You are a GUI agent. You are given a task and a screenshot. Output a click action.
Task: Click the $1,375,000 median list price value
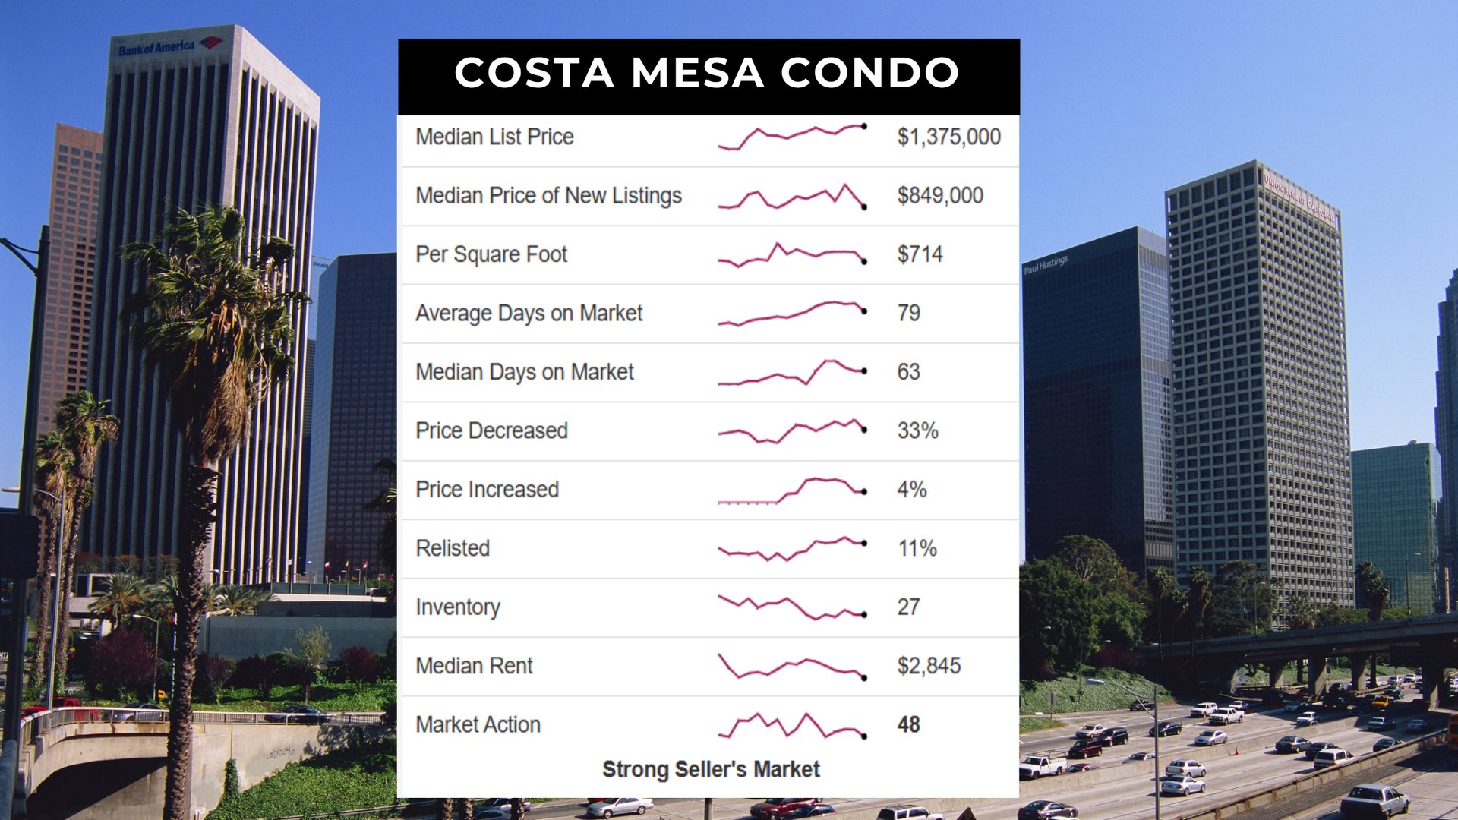[x=948, y=137]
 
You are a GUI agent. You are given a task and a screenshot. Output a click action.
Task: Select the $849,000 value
[x=940, y=196]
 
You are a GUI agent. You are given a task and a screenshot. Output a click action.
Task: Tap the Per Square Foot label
[x=491, y=254]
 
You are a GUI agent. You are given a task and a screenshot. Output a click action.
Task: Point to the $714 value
[x=920, y=254]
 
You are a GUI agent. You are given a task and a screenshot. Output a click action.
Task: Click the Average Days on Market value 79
[x=908, y=313]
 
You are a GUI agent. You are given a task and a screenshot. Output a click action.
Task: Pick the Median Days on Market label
[x=524, y=372]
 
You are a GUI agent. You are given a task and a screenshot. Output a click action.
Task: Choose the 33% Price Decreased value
[x=917, y=430]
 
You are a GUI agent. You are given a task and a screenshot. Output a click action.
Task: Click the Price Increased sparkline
[x=792, y=490]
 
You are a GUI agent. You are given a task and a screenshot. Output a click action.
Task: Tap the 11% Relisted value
[x=917, y=548]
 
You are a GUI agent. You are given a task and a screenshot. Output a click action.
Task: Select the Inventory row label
[x=458, y=607]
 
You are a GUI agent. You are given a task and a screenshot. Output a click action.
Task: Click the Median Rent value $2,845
[x=929, y=666]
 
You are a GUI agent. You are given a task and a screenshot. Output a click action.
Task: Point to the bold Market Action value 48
[x=908, y=724]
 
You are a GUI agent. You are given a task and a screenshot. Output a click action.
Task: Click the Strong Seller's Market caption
[x=711, y=769]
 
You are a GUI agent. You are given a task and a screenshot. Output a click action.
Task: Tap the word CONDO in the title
[x=869, y=73]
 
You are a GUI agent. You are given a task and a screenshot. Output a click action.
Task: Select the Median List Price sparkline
[x=792, y=137]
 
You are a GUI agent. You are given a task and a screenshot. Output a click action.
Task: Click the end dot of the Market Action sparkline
[x=864, y=736]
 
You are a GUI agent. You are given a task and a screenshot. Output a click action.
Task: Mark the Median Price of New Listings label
[x=548, y=196]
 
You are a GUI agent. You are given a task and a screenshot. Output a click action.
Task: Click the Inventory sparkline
[x=792, y=607]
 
